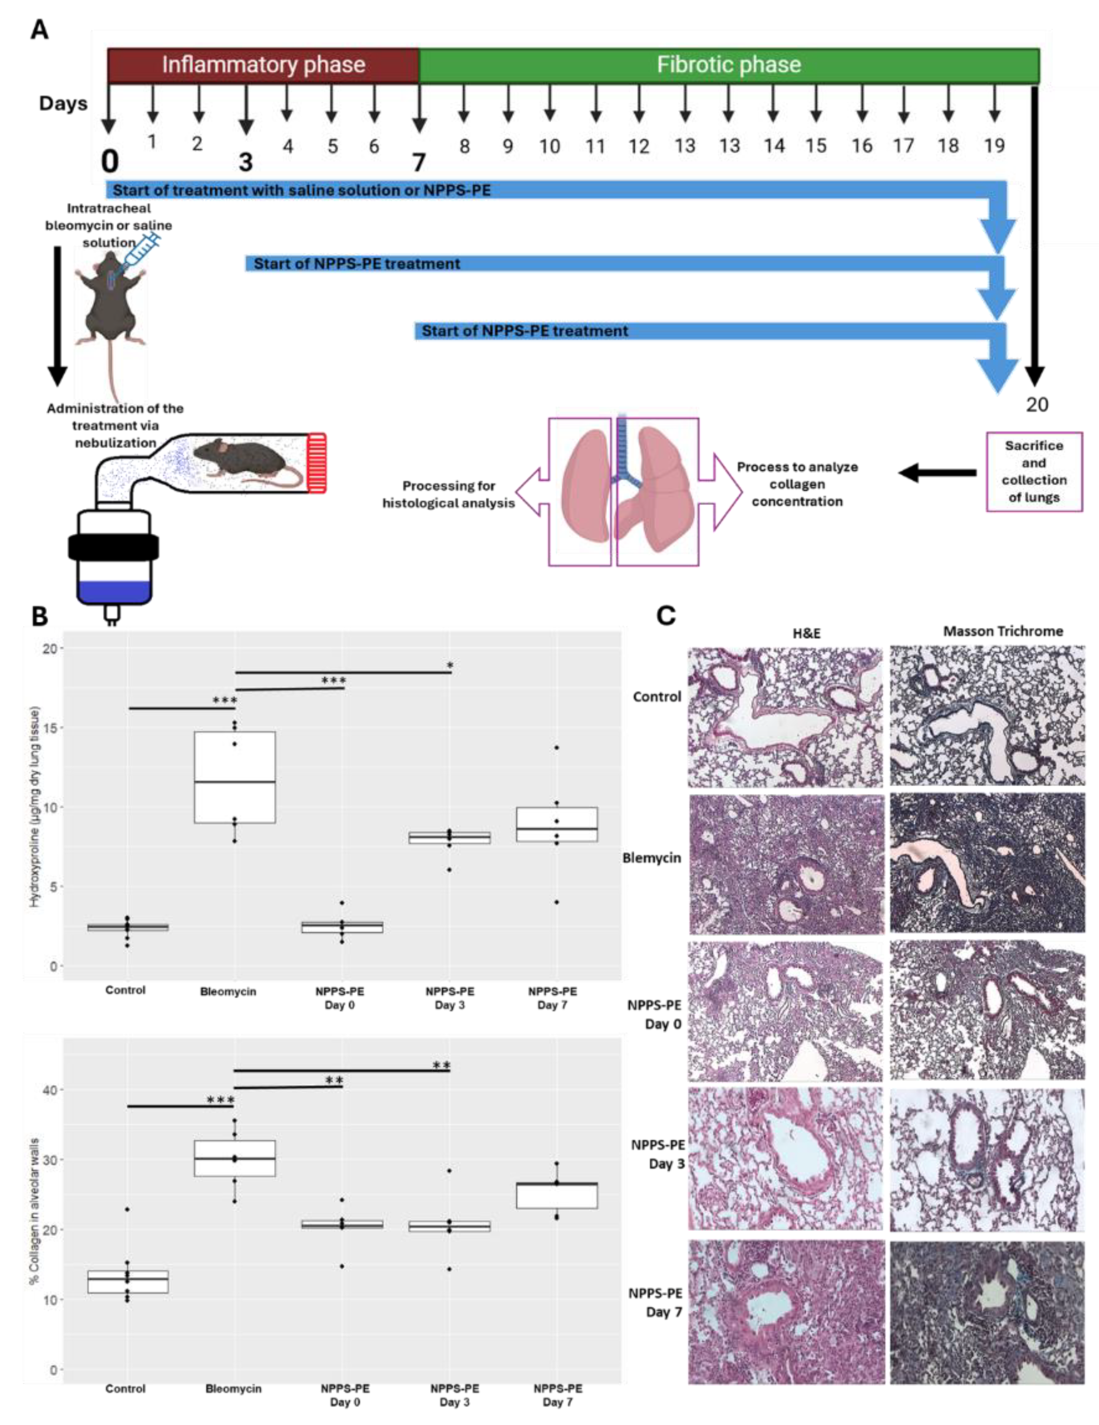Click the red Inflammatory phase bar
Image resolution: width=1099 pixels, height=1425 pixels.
pos(263,65)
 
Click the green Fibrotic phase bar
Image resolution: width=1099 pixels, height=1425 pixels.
pos(728,65)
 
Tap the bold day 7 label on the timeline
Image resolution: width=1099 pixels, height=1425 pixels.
pos(418,162)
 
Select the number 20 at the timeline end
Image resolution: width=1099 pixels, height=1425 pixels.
pos(1036,405)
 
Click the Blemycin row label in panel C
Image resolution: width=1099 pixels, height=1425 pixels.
pos(651,858)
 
